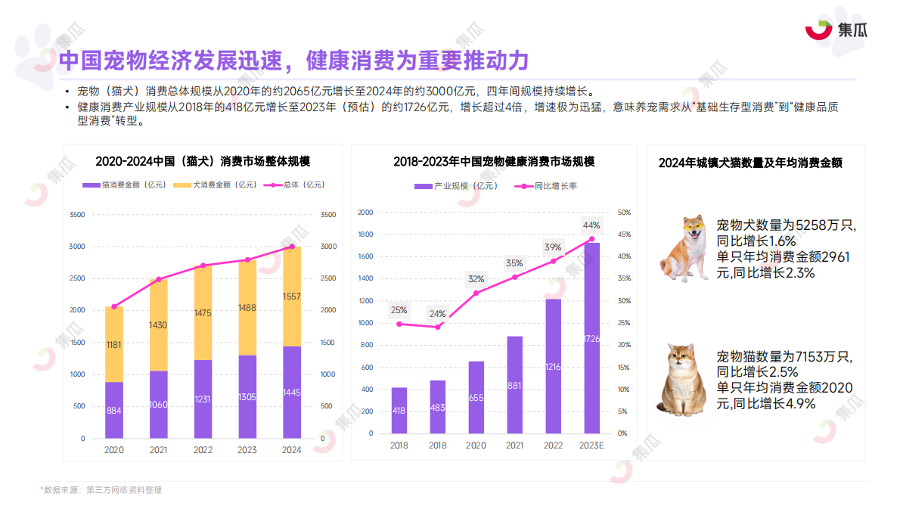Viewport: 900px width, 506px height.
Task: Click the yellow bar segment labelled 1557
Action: click(292, 296)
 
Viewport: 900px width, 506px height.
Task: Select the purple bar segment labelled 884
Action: click(114, 411)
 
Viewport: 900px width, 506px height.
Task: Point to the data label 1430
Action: click(158, 324)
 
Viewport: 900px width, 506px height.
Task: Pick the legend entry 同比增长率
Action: click(549, 186)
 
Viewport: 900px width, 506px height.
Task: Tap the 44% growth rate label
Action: click(591, 225)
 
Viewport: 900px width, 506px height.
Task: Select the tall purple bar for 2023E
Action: click(591, 339)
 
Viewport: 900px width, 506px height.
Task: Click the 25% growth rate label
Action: click(399, 310)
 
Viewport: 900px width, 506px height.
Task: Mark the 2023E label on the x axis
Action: click(591, 445)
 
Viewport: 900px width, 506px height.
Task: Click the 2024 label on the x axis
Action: click(292, 450)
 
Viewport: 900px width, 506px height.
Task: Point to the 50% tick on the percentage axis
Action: click(625, 213)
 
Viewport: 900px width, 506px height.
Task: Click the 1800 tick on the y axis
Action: click(366, 234)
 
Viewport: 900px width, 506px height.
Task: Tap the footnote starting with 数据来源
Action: click(101, 490)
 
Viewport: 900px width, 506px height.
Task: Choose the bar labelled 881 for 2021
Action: click(514, 386)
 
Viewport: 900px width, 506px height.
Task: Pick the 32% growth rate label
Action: click(476, 278)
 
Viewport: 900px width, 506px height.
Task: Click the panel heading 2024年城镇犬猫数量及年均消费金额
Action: click(750, 163)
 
